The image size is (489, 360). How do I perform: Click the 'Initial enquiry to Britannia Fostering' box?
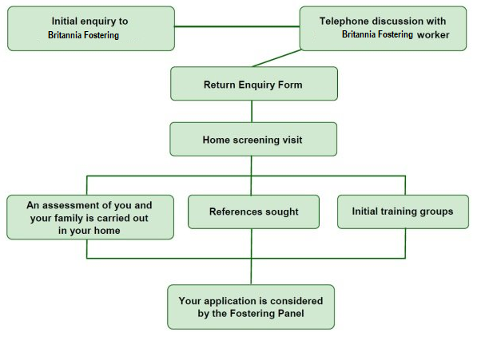coord(91,29)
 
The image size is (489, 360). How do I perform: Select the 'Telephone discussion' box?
coord(383,29)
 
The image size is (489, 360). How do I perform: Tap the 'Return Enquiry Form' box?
coord(254,84)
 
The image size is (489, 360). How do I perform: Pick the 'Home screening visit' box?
coord(253,139)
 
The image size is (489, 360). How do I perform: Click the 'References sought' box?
coord(253,212)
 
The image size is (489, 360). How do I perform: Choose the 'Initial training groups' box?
coord(403,212)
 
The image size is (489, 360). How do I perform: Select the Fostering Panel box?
coord(251,307)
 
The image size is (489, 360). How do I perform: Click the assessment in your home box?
coord(90,217)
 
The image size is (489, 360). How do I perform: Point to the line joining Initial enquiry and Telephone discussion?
coord(237,26)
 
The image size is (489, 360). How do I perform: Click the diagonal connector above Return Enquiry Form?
coord(277,58)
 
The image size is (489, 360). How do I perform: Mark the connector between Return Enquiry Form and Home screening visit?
coord(252,111)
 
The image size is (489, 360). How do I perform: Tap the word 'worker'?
coord(433,34)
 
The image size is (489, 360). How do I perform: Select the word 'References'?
coord(232,212)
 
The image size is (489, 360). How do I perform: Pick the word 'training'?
coord(398,212)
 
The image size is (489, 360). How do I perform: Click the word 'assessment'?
coord(67,205)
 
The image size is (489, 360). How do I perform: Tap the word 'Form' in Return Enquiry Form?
coord(291,85)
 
